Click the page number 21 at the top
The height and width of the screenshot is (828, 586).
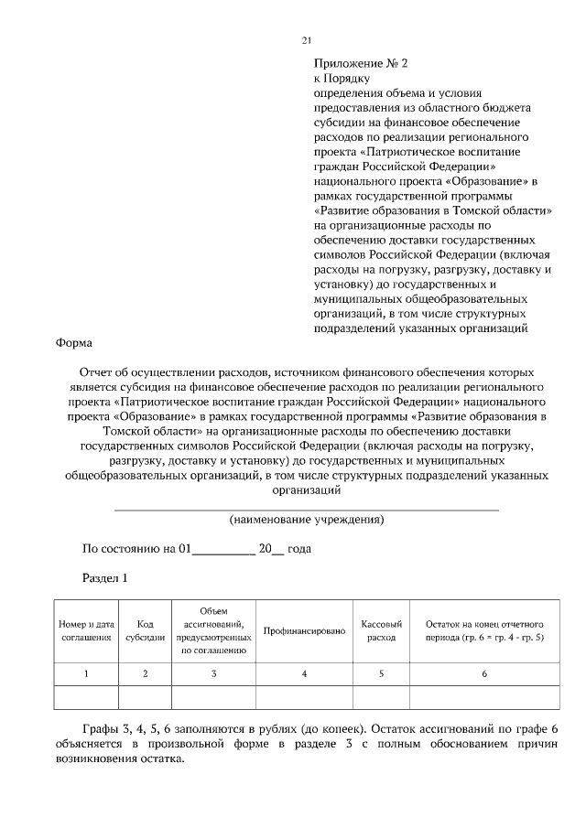tap(306, 40)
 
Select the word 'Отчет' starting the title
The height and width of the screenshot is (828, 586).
tap(96, 373)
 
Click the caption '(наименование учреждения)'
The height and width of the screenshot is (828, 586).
tap(306, 520)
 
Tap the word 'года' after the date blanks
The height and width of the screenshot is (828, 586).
tap(299, 549)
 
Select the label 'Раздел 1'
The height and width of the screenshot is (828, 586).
tap(104, 578)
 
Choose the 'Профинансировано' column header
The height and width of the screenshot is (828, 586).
tap(304, 631)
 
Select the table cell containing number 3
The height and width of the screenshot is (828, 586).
tap(213, 674)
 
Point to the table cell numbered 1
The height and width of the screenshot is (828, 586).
tap(87, 674)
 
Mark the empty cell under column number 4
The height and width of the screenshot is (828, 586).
tap(304, 697)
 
